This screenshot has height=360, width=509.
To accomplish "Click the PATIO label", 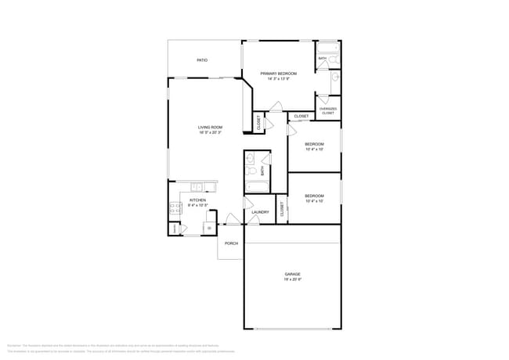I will click(x=202, y=59).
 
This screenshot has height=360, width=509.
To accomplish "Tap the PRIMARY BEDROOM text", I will click(x=279, y=74).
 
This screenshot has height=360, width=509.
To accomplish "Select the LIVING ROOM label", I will click(x=210, y=128).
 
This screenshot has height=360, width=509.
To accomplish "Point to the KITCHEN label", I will click(x=198, y=200).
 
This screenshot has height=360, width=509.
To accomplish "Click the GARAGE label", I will click(x=292, y=274).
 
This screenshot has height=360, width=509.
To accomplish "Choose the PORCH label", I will click(x=231, y=243).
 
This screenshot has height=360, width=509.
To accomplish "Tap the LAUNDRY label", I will click(x=260, y=212).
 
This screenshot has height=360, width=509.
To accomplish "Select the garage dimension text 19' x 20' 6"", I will click(x=292, y=279).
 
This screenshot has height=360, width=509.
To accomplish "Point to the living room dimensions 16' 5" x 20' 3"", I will click(x=210, y=133).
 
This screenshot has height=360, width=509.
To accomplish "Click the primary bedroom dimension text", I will click(x=279, y=79).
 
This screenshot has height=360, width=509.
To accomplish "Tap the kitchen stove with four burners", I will click(x=175, y=209).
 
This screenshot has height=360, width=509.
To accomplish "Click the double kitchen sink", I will click(x=197, y=187).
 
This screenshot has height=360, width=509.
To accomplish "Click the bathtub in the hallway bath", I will click(x=257, y=187).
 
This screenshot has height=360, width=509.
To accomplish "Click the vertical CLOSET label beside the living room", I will click(x=258, y=122).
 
